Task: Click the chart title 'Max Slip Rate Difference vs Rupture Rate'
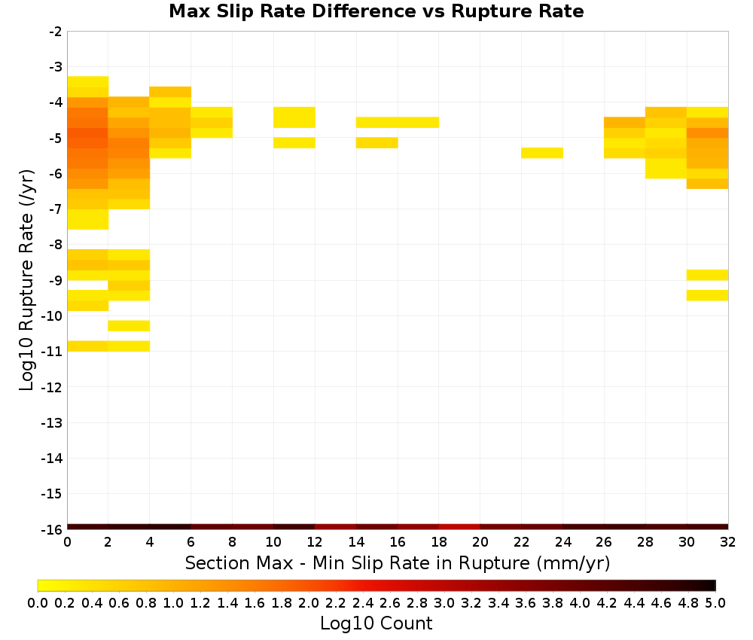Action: pos(376,11)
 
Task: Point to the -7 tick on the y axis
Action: pos(56,209)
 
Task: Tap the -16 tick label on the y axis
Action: pos(52,529)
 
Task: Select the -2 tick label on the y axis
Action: pos(56,32)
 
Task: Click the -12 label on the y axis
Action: pos(52,387)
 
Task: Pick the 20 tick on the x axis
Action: pos(480,542)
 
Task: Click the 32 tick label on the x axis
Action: pos(728,542)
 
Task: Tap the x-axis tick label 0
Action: pos(67,542)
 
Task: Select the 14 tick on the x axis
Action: pos(356,542)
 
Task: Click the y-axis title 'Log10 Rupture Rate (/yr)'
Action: pos(26,280)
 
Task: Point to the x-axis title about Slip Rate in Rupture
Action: pos(398,563)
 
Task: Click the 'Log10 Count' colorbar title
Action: pos(376,623)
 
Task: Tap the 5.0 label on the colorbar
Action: pos(715,602)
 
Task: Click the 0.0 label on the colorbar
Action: pos(38,602)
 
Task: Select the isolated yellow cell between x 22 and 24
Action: pos(542,153)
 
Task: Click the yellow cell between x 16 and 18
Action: pos(418,123)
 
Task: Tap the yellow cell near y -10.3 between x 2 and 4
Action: pos(130,325)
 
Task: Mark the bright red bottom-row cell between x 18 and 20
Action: pos(459,527)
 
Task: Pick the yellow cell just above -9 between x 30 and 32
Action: pos(707,275)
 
